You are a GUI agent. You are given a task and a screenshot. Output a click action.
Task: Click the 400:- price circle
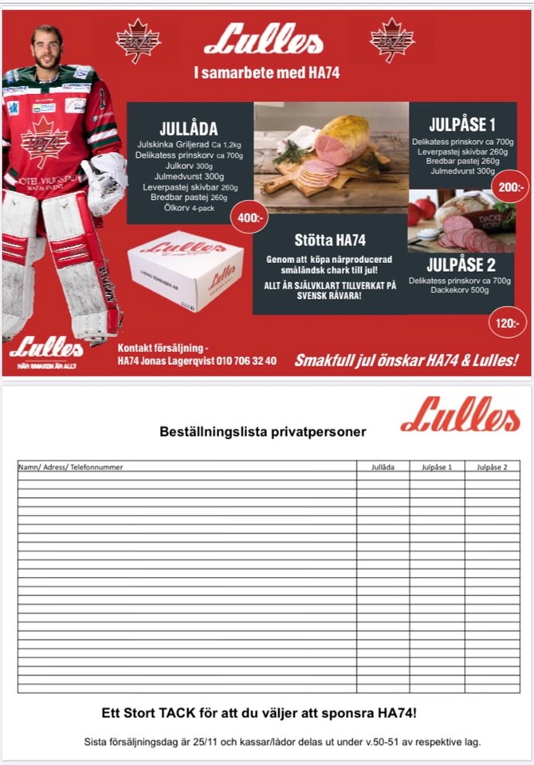(x=247, y=216)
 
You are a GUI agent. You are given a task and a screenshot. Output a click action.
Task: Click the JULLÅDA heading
(x=188, y=127)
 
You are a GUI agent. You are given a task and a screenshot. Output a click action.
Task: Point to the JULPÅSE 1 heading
(x=462, y=125)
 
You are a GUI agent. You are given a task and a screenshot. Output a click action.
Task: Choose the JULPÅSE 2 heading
(x=461, y=265)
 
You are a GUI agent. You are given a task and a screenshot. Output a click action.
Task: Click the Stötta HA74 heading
(x=329, y=240)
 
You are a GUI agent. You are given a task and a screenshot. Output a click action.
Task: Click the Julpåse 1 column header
(x=437, y=467)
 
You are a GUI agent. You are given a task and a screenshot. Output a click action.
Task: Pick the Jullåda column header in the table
(x=383, y=467)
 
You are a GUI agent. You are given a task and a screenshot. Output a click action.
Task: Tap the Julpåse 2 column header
(x=492, y=467)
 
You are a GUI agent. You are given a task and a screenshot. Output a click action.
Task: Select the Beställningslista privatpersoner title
(x=263, y=432)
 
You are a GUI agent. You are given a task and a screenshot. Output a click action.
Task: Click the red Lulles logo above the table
(x=460, y=415)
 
